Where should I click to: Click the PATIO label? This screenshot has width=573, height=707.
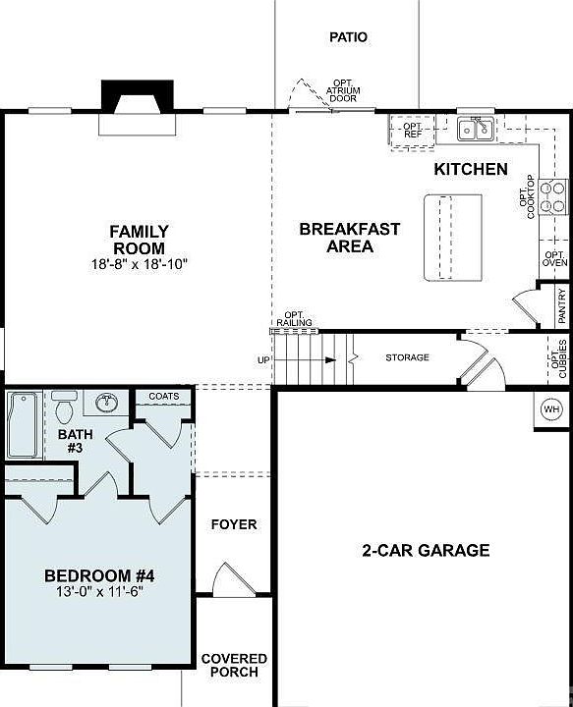pyautogui.click(x=348, y=37)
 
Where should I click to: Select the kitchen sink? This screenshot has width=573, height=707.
pyautogui.click(x=478, y=129)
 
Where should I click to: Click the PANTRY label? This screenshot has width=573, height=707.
pyautogui.click(x=561, y=305)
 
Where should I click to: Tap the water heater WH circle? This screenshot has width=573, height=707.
pyautogui.click(x=550, y=408)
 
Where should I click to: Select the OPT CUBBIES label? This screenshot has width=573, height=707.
pyautogui.click(x=560, y=358)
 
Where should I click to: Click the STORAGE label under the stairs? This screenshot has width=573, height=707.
pyautogui.click(x=407, y=357)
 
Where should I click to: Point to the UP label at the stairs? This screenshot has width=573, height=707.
pyautogui.click(x=263, y=360)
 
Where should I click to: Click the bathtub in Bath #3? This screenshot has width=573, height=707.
pyautogui.click(x=24, y=424)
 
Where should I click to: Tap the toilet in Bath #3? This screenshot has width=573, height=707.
pyautogui.click(x=64, y=406)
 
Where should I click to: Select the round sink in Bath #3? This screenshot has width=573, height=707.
pyautogui.click(x=107, y=403)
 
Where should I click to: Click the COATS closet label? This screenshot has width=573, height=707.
pyautogui.click(x=164, y=397)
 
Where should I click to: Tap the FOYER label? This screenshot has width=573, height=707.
pyautogui.click(x=234, y=524)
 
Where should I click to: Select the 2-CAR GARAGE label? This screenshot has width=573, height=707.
pyautogui.click(x=425, y=551)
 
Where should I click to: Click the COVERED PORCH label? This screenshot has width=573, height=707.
pyautogui.click(x=234, y=665)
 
